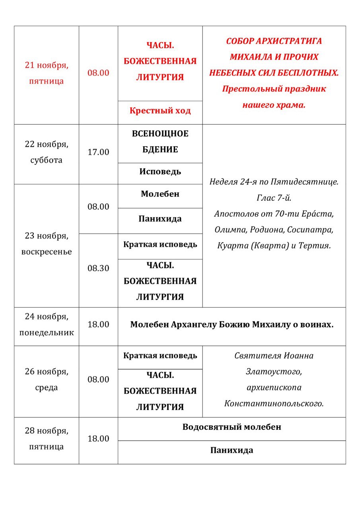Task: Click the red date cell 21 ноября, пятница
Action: pyautogui.click(x=47, y=73)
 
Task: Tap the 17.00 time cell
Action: pyautogui.click(x=98, y=152)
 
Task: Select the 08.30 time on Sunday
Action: pyautogui.click(x=98, y=268)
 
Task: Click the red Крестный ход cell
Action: pyautogui.click(x=160, y=111)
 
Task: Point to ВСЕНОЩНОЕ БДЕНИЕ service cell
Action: pyautogui.click(x=160, y=142)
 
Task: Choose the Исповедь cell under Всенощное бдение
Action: pyautogui.click(x=160, y=172)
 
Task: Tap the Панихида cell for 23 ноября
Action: pyautogui.click(x=160, y=219)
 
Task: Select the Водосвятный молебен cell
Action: pyautogui.click(x=232, y=427)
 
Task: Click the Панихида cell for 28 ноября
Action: pyautogui.click(x=232, y=451)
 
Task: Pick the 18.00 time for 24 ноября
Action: pyautogui.click(x=98, y=324)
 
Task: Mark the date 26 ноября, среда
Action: pyautogui.click(x=47, y=380)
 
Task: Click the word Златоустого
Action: pyautogui.click(x=274, y=372)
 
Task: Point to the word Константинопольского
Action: pyautogui.click(x=274, y=404)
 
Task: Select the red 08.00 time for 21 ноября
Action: pyautogui.click(x=98, y=73)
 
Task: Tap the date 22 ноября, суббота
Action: pyautogui.click(x=47, y=152)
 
